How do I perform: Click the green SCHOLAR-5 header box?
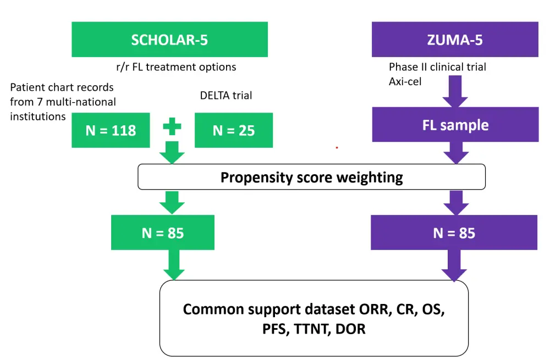point(169,40)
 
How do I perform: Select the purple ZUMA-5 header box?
point(455,40)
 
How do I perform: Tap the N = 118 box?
point(111,130)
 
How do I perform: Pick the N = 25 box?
point(234,130)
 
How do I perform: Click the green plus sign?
point(172,126)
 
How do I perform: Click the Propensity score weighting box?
point(311,177)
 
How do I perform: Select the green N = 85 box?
point(162,232)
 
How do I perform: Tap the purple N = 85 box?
point(454,232)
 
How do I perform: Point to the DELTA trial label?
point(226,96)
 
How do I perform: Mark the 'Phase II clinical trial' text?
point(437,67)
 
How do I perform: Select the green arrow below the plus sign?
point(172,153)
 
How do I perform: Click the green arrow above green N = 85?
point(172,202)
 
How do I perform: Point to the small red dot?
point(337,148)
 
